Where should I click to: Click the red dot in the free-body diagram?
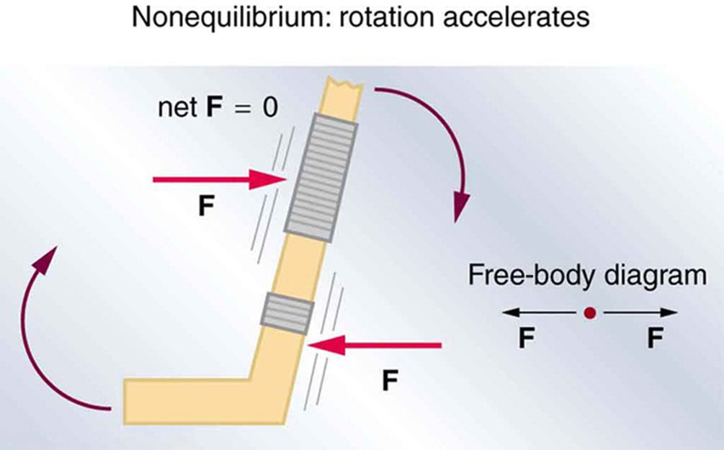coord(589,313)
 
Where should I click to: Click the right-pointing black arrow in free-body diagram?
coord(640,313)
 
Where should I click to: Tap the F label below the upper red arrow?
coord(206,207)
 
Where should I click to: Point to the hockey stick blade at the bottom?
coord(187,400)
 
